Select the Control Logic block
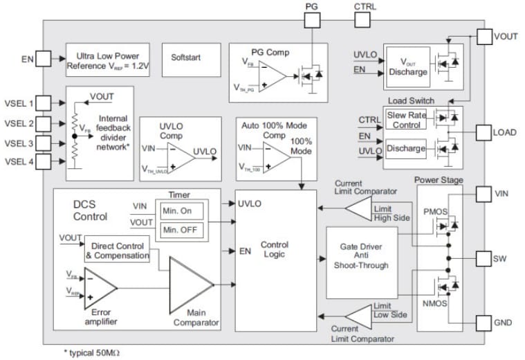[274, 250]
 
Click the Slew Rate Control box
[406, 120]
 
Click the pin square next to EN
[44, 60]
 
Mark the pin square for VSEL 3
[44, 143]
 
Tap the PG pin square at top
[312, 17]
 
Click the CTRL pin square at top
[365, 17]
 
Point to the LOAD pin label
[504, 132]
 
